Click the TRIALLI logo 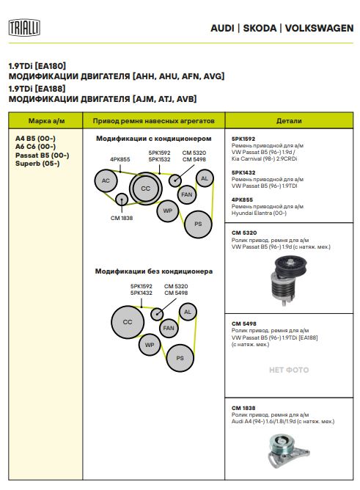pos(24,27)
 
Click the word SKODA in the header pos(260,28)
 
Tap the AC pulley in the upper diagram pos(106,180)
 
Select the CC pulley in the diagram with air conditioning pos(145,189)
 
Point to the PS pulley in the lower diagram pos(180,358)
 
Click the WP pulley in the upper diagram pos(168,211)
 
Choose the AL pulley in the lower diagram pos(188,312)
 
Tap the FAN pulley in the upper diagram pos(187,194)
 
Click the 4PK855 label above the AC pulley pos(120,159)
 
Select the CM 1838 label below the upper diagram pos(122,218)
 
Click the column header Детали pos(289,121)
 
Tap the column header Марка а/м pos(46,121)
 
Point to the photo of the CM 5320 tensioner pos(289,281)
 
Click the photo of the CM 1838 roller pos(288,450)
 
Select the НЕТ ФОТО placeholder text pos(289,370)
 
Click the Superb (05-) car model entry pos(37,164)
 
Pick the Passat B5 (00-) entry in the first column pos(42,156)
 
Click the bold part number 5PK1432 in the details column pos(243,172)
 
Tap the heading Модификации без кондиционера pos(154,271)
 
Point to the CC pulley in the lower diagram pos(128,322)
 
